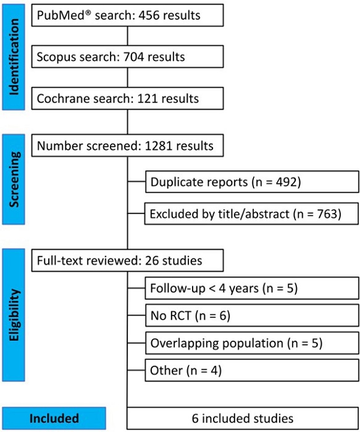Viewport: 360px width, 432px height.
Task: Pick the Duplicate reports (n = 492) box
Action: click(x=251, y=182)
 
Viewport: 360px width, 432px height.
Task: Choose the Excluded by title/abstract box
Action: click(x=251, y=215)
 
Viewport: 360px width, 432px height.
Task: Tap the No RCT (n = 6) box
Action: click(x=251, y=315)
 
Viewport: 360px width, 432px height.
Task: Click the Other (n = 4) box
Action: click(x=251, y=372)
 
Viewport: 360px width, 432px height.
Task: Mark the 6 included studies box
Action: click(x=243, y=418)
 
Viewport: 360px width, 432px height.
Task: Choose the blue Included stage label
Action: click(x=54, y=418)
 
